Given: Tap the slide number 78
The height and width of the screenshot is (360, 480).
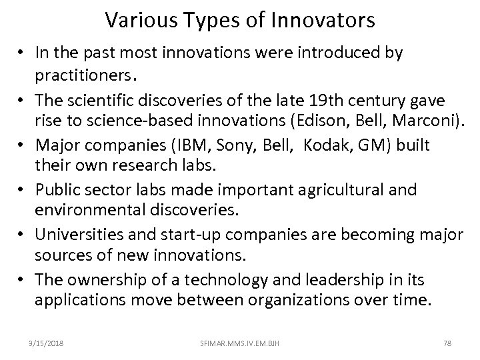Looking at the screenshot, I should (x=447, y=343).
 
